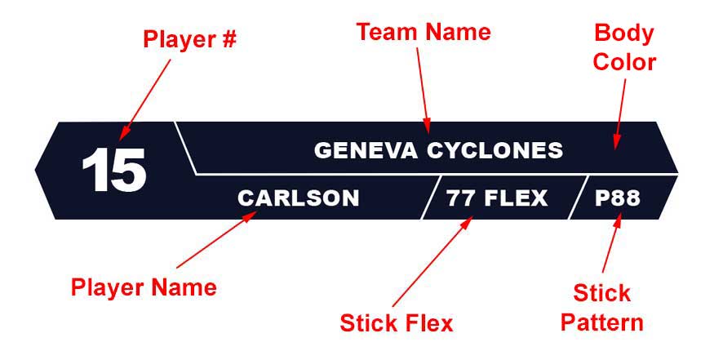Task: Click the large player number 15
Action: pyautogui.click(x=113, y=171)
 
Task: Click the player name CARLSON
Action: pyautogui.click(x=298, y=198)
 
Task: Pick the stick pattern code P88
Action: pyautogui.click(x=618, y=198)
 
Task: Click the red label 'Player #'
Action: pyautogui.click(x=189, y=39)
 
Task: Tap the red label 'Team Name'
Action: pyautogui.click(x=424, y=32)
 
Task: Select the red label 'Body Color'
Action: pyautogui.click(x=623, y=48)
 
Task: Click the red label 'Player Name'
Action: pyautogui.click(x=144, y=287)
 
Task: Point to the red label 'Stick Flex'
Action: pyautogui.click(x=396, y=323)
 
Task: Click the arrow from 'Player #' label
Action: pyautogui.click(x=147, y=98)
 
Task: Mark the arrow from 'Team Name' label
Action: pyautogui.click(x=422, y=87)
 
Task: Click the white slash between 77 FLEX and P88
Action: pyautogui.click(x=578, y=197)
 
